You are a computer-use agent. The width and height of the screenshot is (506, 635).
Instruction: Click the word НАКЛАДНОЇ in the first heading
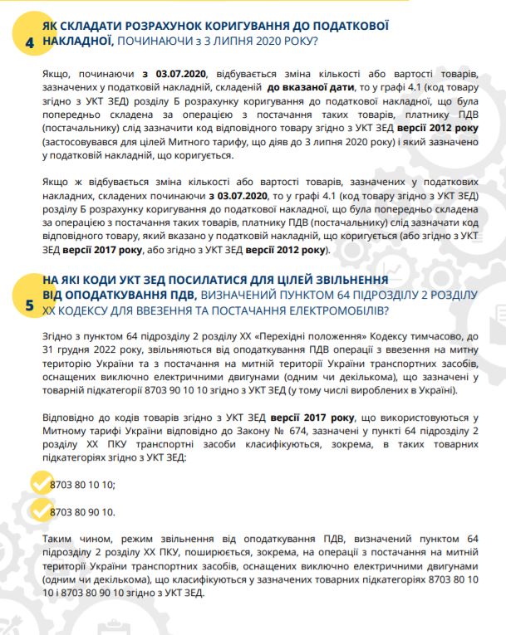point(76,42)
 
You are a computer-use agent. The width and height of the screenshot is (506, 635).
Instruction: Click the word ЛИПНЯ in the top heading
point(233,42)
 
